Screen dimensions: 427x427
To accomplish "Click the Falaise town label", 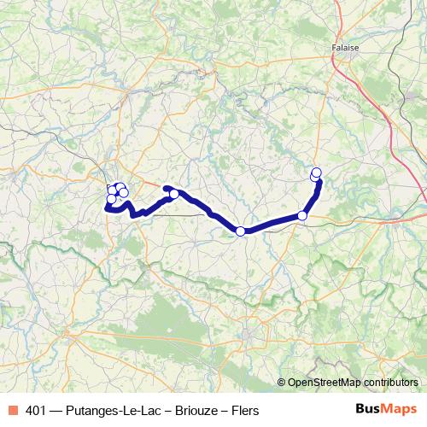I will click(345, 49).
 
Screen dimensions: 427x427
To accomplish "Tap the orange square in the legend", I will click(13, 410).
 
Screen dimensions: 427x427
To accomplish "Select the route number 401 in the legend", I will click(37, 410).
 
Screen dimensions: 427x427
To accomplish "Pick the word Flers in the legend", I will click(244, 410).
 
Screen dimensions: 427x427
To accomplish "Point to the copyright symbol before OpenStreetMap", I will click(282, 382).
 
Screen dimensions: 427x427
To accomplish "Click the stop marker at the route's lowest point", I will click(240, 231).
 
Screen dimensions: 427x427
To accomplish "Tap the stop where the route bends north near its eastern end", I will click(302, 215).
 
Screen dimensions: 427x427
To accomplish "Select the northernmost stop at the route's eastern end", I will click(317, 173).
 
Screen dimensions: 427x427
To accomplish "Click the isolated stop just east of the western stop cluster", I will click(174, 194).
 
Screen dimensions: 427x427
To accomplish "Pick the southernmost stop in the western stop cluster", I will click(111, 200).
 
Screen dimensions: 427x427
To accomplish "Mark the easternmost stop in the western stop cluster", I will click(124, 193).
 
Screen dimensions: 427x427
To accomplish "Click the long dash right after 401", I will click(56, 410).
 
